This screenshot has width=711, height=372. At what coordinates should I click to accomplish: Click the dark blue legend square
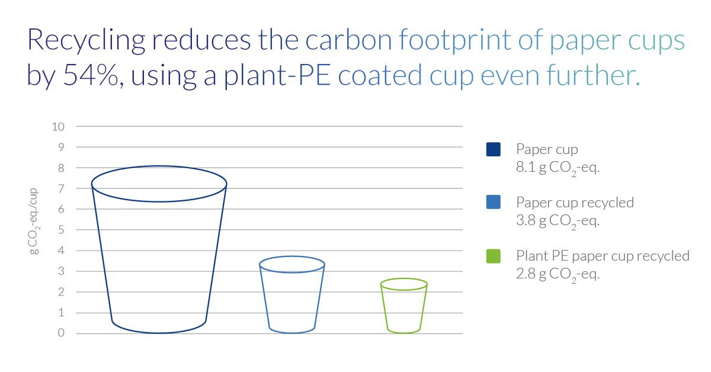point(493,149)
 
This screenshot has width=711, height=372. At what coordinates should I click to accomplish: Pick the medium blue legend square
point(493,202)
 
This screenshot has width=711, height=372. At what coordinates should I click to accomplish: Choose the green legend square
point(493,256)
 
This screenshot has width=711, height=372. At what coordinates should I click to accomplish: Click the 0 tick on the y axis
point(62,333)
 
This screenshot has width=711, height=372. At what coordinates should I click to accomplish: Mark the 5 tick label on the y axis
point(62,230)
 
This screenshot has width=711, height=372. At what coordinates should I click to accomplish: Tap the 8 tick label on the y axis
point(62,168)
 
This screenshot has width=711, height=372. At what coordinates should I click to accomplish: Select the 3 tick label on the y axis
point(62,271)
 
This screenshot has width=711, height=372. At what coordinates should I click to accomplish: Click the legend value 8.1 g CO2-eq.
point(558,168)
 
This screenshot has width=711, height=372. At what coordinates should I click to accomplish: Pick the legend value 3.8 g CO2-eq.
point(558,222)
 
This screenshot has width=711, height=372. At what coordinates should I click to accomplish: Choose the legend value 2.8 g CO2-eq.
point(558,275)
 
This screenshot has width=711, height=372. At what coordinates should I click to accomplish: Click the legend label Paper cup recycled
point(575,203)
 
